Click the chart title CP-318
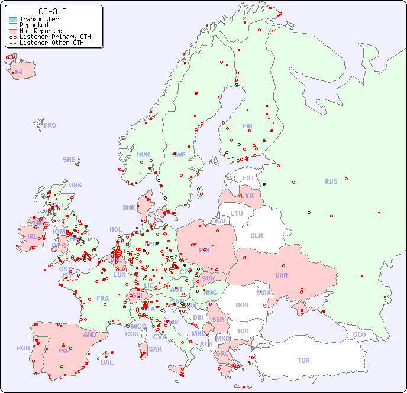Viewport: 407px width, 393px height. [x=52, y=11]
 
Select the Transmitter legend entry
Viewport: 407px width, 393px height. [x=38, y=19]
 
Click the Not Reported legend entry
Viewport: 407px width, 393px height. [x=40, y=31]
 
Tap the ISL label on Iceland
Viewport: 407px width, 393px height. [x=20, y=73]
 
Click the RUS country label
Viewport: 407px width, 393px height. [x=331, y=181]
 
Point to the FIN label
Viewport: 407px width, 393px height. [x=247, y=126]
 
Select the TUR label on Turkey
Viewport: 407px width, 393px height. [x=303, y=360]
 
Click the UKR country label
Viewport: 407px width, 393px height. [x=281, y=275]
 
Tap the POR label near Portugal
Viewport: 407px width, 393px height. [x=23, y=348]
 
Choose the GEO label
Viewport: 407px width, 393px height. [x=359, y=334]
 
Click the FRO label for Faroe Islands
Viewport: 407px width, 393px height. [x=50, y=125]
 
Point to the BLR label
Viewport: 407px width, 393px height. [x=256, y=235]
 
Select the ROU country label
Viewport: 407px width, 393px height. [x=242, y=305]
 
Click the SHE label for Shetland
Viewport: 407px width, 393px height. [x=69, y=160]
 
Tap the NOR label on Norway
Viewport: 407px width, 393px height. [x=143, y=154]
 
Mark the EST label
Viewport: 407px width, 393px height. [x=248, y=178]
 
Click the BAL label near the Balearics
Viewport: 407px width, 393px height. [x=106, y=362]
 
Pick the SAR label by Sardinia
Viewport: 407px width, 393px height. [x=155, y=349]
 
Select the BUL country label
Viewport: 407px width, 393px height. [x=244, y=331]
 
